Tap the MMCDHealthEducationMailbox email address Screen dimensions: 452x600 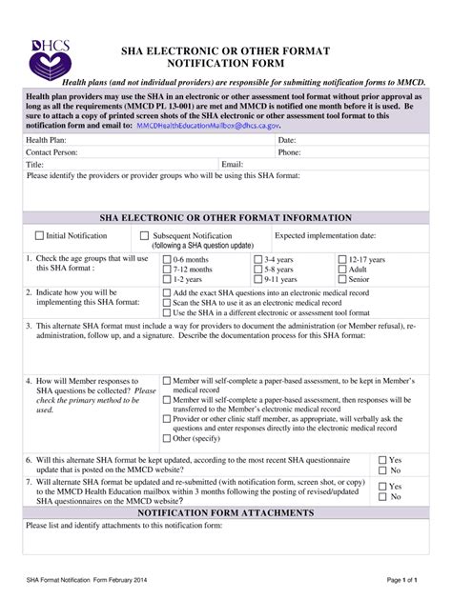coord(209,125)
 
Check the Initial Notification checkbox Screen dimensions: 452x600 coord(39,235)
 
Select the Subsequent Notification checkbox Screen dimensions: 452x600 coord(145,235)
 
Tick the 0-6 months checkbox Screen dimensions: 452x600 coord(167,259)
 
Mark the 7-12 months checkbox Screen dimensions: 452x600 coord(167,270)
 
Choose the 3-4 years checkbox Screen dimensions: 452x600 coord(257,259)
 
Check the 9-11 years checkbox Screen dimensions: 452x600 coord(257,280)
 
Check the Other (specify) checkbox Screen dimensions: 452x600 coord(168,439)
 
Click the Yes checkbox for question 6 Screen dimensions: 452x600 coord(382,459)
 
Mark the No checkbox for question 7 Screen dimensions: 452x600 coord(382,497)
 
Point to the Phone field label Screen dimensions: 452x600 coord(290,151)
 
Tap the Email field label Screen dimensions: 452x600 coord(233,164)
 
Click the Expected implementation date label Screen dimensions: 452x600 coord(324,235)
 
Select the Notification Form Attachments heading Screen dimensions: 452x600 coord(225,512)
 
